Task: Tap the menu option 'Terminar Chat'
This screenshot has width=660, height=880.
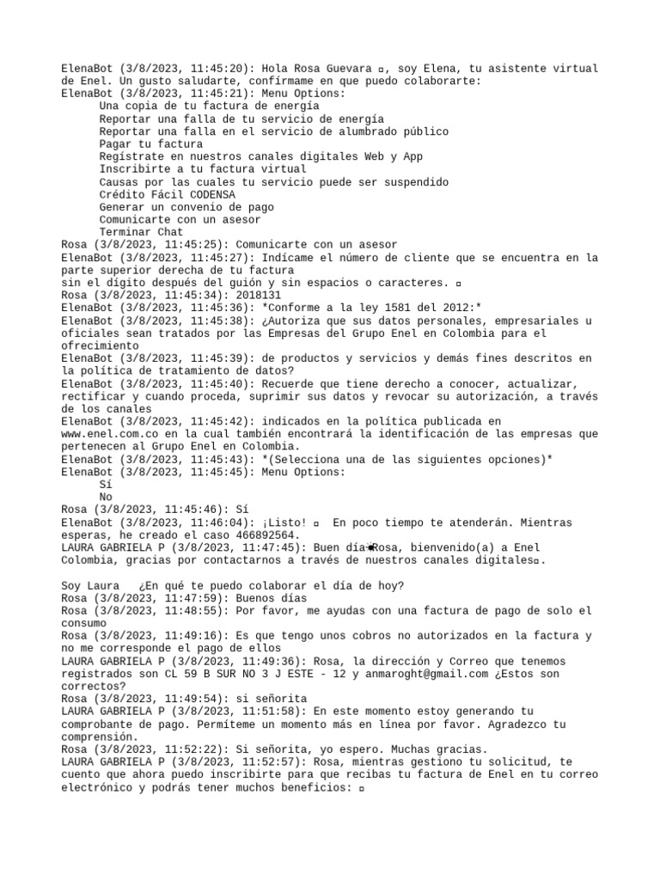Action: click(x=141, y=232)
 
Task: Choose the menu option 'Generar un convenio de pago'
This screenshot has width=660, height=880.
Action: click(x=186, y=207)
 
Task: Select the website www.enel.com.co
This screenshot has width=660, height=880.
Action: click(x=108, y=434)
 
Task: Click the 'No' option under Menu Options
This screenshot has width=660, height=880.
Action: click(x=106, y=497)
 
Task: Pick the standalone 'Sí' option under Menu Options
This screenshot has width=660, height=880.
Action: click(x=106, y=485)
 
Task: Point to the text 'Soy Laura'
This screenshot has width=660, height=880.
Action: click(x=90, y=586)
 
